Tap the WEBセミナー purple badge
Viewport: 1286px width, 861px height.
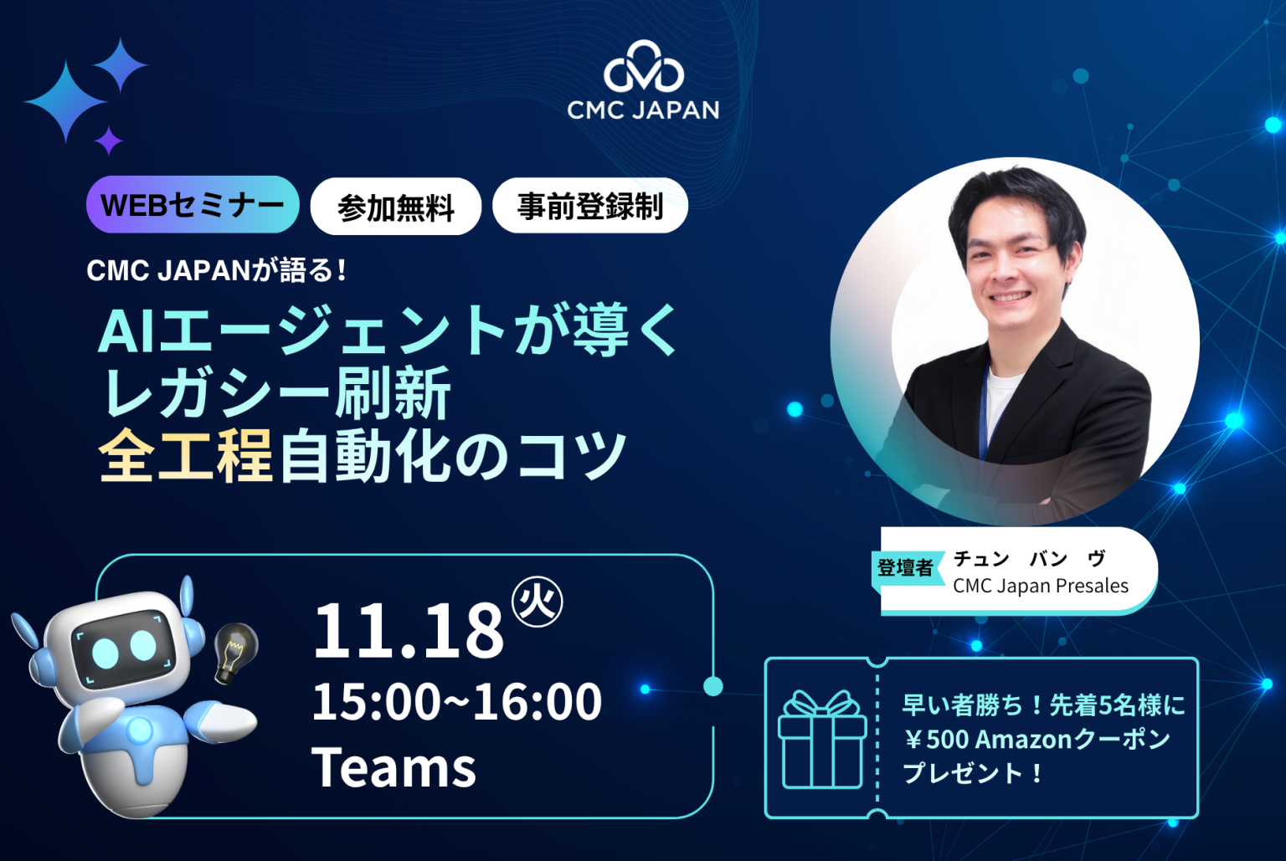tap(193, 205)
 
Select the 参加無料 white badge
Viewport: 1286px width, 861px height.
tap(395, 207)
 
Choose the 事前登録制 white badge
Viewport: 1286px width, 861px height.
tap(589, 206)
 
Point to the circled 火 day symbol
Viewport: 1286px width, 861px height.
tap(537, 602)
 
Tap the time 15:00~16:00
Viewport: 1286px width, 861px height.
tap(456, 701)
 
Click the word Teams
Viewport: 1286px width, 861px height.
tap(394, 767)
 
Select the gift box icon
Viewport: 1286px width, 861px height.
tap(821, 740)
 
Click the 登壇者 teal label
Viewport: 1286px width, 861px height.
tap(905, 568)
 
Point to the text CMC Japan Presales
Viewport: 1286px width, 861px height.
tap(1041, 586)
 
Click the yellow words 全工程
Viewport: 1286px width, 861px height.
tap(186, 456)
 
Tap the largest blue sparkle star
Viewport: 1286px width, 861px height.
tap(65, 101)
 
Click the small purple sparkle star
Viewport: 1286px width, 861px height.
tap(109, 141)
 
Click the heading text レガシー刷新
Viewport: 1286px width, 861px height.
tap(276, 392)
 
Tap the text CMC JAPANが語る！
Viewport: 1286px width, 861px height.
tap(217, 270)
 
